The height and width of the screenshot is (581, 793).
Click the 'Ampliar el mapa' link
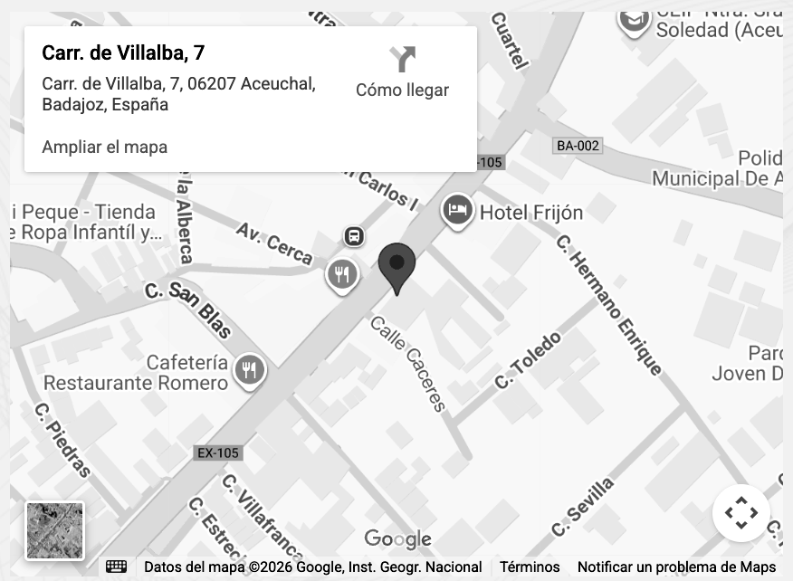pos(104,147)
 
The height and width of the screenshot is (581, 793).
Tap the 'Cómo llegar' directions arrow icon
pos(402,60)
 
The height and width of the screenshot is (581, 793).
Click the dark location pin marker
pos(396,265)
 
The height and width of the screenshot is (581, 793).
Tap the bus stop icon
pos(354,237)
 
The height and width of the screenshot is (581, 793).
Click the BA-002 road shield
pos(578,146)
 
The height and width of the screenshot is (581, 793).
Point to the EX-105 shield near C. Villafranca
pos(217,452)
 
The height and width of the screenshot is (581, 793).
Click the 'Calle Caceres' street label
pos(408,363)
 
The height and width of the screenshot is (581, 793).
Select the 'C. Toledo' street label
pos(528,360)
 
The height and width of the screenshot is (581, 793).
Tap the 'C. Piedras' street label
pos(62,439)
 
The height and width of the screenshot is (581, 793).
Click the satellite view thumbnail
pos(54,530)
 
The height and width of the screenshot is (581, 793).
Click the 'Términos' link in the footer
pos(530,567)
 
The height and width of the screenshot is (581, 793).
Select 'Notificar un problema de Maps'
pos(676,567)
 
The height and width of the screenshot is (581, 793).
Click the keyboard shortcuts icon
pos(116,567)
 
